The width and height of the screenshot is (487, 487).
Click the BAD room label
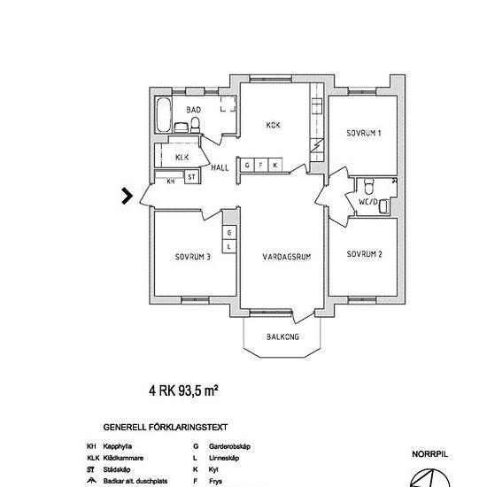pyautogui.click(x=193, y=110)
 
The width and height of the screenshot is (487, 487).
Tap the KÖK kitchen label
pyautogui.click(x=273, y=125)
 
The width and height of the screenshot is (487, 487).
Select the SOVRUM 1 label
pyautogui.click(x=364, y=134)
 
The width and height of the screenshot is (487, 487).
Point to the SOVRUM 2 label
pyautogui.click(x=364, y=253)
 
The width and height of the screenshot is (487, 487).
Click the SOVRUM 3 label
pyautogui.click(x=192, y=258)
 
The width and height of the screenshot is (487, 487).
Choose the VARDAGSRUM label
pyautogui.click(x=285, y=258)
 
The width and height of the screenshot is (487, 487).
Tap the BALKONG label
pyautogui.click(x=284, y=337)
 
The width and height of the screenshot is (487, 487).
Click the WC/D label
pyautogui.click(x=367, y=203)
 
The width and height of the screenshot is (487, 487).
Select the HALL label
pyautogui.click(x=220, y=166)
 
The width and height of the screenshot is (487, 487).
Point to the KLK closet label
pyautogui.click(x=182, y=157)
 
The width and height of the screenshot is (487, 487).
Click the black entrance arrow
pyautogui.click(x=128, y=196)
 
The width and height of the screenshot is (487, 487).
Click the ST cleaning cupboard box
pyautogui.click(x=191, y=177)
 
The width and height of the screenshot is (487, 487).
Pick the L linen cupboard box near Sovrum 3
pyautogui.click(x=228, y=245)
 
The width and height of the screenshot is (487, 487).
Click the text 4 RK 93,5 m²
pyautogui.click(x=184, y=390)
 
